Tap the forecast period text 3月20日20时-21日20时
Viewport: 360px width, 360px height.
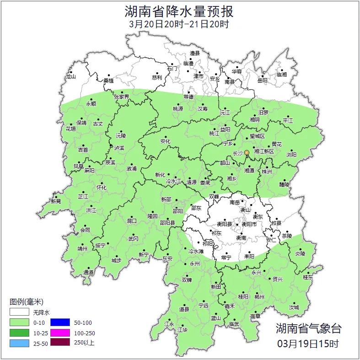click(179, 24)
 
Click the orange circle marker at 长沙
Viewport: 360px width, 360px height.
click(247, 152)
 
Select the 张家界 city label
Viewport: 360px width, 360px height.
click(122, 97)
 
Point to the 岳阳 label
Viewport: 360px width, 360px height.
click(262, 81)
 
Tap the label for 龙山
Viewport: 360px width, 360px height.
click(70, 77)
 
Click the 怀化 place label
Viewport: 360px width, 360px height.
click(101, 188)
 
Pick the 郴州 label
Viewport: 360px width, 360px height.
click(260, 296)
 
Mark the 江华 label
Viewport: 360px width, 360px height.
click(183, 329)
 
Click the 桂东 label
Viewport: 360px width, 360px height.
click(308, 277)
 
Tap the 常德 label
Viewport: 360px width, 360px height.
click(188, 97)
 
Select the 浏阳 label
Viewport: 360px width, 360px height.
click(291, 155)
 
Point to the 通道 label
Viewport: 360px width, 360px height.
click(89, 273)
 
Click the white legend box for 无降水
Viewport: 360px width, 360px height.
click(19, 312)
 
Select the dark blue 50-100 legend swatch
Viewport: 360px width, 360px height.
click(59, 322)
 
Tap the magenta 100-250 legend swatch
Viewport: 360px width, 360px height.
click(59, 333)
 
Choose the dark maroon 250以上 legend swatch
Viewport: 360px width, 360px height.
click(59, 342)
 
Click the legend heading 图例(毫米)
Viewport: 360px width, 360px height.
click(26, 302)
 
